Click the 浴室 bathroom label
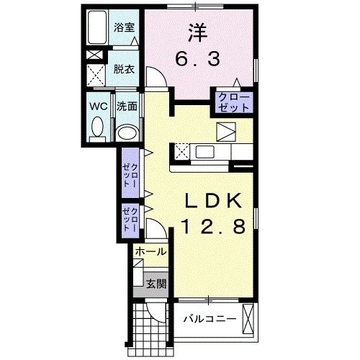(x=124, y=28)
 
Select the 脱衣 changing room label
(x=124, y=69)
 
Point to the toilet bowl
(x=96, y=129)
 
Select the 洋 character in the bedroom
(x=199, y=31)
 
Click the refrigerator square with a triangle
(x=227, y=132)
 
